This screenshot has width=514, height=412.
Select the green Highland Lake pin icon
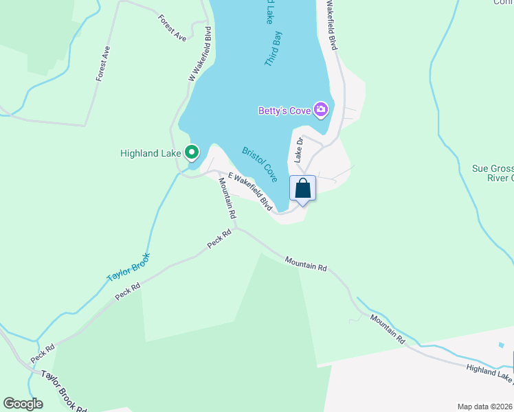pos(192,152)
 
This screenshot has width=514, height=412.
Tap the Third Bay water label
pos(273,47)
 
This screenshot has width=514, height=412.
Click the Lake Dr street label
pos(299,150)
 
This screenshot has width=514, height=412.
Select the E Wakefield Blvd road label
pos(251,191)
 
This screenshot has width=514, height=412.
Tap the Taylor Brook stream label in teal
pos(128,267)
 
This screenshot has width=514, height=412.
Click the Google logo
pos(23,403)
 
